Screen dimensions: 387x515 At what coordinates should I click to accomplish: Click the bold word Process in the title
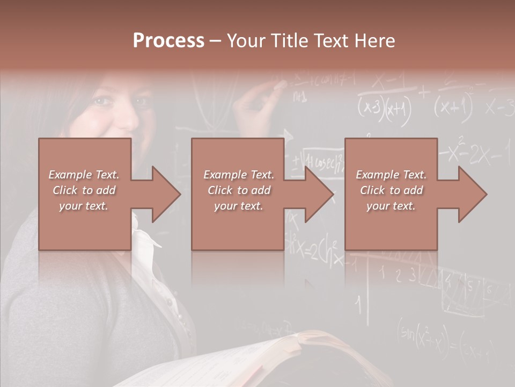point(168,40)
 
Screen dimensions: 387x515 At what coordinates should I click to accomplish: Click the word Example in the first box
point(70,175)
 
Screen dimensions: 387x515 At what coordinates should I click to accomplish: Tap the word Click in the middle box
point(219,190)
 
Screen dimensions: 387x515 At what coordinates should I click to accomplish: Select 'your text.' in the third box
point(391,206)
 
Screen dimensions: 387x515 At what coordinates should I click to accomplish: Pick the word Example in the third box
point(378,175)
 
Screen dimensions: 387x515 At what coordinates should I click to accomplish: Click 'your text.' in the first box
point(84,206)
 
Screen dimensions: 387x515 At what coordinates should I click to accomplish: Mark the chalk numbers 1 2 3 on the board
point(396,274)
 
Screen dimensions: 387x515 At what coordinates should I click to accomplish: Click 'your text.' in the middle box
point(238,206)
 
